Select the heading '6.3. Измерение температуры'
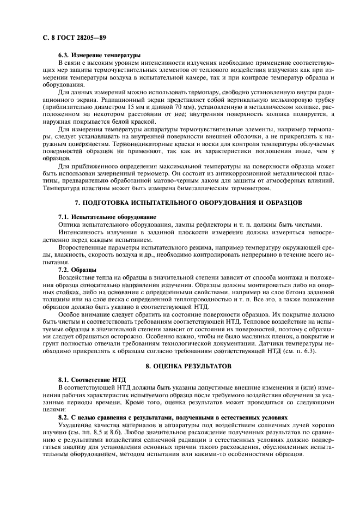pyautogui.click(x=99, y=56)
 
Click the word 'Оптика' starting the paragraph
pyautogui.click(x=69, y=224)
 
